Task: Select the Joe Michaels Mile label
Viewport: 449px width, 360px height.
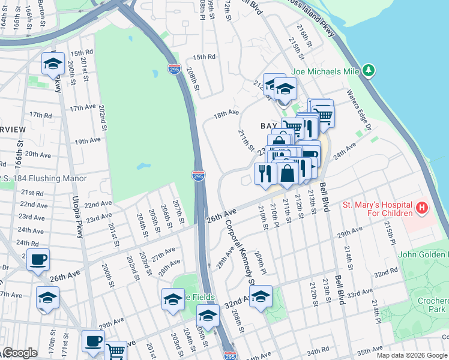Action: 325,71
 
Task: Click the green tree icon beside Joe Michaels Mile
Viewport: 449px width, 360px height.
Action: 369,71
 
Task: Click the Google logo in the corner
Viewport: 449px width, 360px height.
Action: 19,353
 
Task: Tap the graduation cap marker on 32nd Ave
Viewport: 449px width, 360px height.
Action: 261,296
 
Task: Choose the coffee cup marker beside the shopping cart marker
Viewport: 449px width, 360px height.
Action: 93,341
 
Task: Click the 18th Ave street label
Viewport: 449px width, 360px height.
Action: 226,112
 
